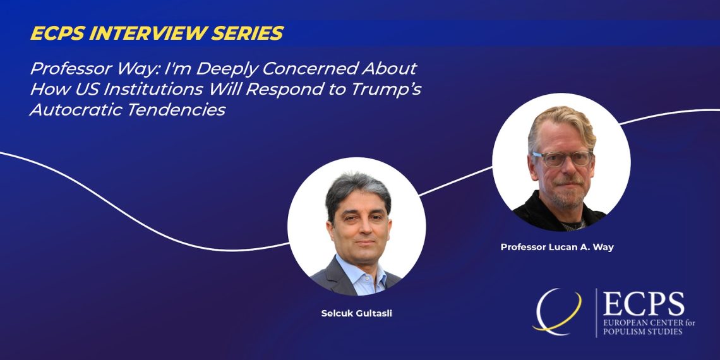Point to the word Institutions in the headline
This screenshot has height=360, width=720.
click(153, 89)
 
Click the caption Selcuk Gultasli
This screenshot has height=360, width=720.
click(356, 315)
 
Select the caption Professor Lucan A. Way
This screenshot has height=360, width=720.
click(557, 247)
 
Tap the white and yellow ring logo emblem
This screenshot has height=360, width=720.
click(557, 312)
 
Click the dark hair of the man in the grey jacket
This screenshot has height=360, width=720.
click(357, 189)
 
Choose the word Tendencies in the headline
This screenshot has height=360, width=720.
click(180, 110)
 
